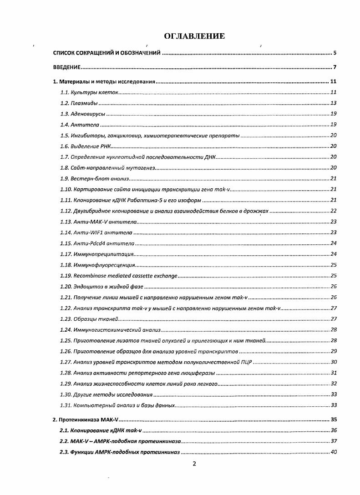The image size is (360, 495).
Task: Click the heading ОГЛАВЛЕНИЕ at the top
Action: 194,36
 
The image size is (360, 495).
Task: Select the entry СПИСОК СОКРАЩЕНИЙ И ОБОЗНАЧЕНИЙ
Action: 106,53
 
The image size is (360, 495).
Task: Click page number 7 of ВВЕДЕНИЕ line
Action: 334,68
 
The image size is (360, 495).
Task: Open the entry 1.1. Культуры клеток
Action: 89,92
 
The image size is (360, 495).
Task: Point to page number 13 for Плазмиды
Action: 333,103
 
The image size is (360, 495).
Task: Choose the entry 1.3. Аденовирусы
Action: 83,114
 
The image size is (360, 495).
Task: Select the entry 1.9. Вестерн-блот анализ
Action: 95,178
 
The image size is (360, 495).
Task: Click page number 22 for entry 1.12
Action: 333,211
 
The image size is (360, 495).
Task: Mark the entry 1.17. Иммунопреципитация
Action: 97,254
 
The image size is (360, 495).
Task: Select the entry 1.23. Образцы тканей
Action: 89,319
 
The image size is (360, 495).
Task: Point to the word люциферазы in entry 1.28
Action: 200,373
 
